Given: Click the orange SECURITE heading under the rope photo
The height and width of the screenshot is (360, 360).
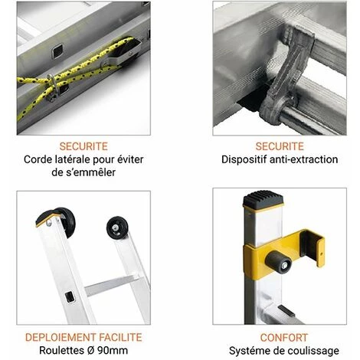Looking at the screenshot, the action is tap(83, 146).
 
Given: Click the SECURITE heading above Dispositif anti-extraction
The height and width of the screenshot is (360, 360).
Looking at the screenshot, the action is tap(280, 146).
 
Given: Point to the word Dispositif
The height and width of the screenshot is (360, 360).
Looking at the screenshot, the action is tap(244, 159).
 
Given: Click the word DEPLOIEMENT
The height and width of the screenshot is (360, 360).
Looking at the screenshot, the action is tap(61, 338).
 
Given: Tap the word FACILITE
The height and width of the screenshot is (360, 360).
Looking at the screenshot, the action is tap(120, 338).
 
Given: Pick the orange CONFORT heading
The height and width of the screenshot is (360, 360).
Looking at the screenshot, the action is tap(284, 338).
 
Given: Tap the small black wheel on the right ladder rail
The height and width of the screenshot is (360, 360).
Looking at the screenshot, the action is tap(117, 227).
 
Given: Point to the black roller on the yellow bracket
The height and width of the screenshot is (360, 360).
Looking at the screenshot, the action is tap(278, 262).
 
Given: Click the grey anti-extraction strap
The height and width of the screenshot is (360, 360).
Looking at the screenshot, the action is tap(286, 77).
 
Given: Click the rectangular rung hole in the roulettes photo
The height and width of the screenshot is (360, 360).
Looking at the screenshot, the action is tap(70, 297).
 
